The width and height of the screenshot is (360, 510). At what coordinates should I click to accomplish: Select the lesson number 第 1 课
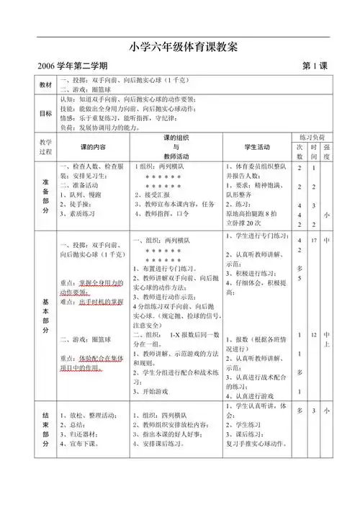315,67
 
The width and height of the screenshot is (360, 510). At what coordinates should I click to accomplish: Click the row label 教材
46,85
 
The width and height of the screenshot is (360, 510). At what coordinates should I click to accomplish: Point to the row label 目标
46,113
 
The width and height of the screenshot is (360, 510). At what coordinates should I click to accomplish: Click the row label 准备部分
46,194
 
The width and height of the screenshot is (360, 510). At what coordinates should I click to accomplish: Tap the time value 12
314,336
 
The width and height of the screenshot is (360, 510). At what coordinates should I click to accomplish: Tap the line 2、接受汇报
154,194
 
